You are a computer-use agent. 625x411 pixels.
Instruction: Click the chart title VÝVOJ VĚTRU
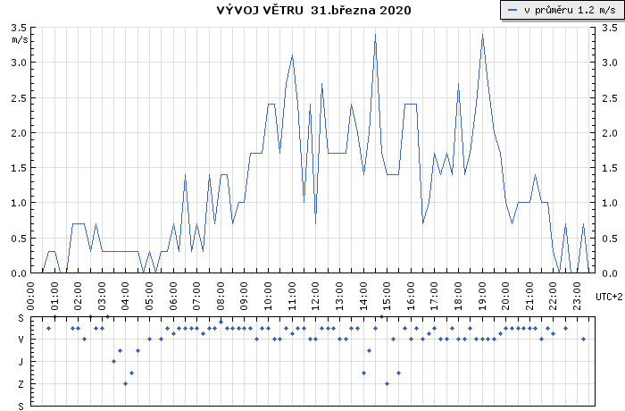pyautogui.click(x=260, y=10)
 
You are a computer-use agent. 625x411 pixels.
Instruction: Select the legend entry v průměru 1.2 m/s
pyautogui.click(x=562, y=10)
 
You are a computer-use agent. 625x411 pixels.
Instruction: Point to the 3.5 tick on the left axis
pyautogui.click(x=19, y=28)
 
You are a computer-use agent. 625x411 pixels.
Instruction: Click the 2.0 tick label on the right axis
pyautogui.click(x=610, y=133)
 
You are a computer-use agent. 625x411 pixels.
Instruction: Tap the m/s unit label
pyautogui.click(x=20, y=39)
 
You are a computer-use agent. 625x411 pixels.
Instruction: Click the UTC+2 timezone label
pyautogui.click(x=609, y=297)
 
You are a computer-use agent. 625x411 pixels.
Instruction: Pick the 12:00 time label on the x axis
pyautogui.click(x=316, y=296)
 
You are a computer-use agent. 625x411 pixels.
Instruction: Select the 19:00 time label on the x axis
pyautogui.click(x=482, y=296)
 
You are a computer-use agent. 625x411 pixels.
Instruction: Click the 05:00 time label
pyautogui.click(x=149, y=296)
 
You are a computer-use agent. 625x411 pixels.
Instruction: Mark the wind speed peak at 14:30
pyautogui.click(x=375, y=34)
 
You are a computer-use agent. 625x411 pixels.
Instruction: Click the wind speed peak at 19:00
pyautogui.click(x=482, y=34)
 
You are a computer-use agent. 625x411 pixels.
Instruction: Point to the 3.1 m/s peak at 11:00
pyautogui.click(x=292, y=55)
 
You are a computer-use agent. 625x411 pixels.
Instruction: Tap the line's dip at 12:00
pyautogui.click(x=316, y=223)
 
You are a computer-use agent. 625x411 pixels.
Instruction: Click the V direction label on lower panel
pyautogui.click(x=21, y=340)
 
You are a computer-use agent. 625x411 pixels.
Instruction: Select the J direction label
pyautogui.click(x=21, y=362)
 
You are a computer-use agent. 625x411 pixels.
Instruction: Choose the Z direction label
pyautogui.click(x=21, y=384)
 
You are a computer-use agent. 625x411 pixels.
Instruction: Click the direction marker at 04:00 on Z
pyautogui.click(x=126, y=384)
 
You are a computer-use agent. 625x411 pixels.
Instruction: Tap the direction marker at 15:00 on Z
pyautogui.click(x=387, y=384)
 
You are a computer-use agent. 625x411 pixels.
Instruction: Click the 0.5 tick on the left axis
pyautogui.click(x=19, y=239)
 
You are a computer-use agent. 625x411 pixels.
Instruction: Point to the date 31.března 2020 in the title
pyautogui.click(x=361, y=10)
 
